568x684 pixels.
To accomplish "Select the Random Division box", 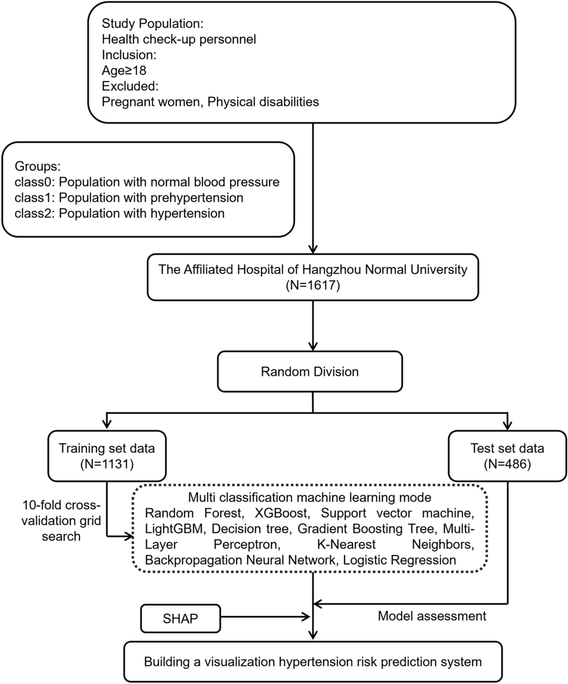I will [x=310, y=372].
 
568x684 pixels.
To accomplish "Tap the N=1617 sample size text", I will [x=312, y=286].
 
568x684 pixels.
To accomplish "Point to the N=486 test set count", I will [x=507, y=464].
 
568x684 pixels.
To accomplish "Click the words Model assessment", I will [x=432, y=616].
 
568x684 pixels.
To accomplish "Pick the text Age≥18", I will [x=125, y=71].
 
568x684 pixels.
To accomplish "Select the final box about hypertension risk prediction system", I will [x=312, y=662].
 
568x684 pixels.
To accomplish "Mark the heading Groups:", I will [x=38, y=166].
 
